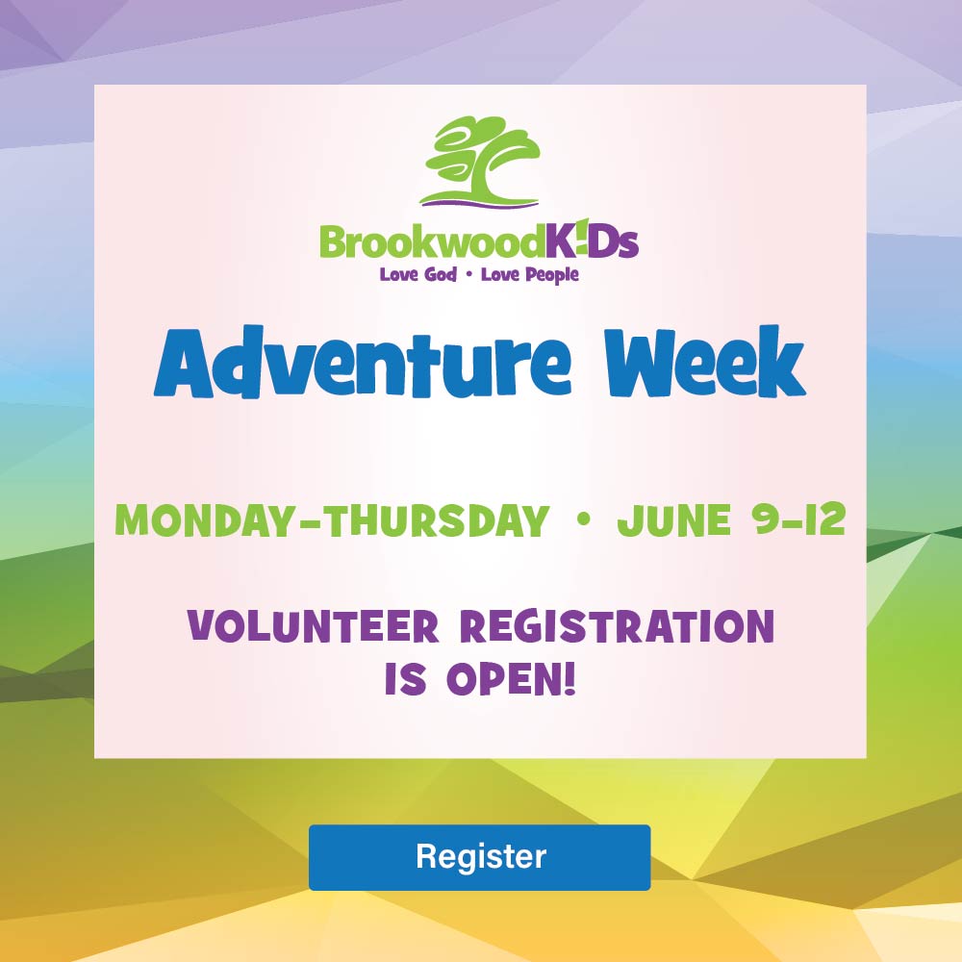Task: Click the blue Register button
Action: pyautogui.click(x=479, y=857)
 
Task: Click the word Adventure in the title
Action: pyautogui.click(x=363, y=363)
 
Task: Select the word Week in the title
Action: pyautogui.click(x=704, y=362)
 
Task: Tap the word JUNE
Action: pyautogui.click(x=673, y=519)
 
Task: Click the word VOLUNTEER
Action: pyautogui.click(x=314, y=626)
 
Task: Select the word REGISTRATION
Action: pyautogui.click(x=618, y=626)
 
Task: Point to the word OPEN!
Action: pyautogui.click(x=512, y=678)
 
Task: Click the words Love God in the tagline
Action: pyautogui.click(x=418, y=274)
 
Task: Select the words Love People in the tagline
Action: pyautogui.click(x=530, y=274)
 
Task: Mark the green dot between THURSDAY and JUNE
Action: pyautogui.click(x=584, y=519)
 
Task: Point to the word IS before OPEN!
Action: pyautogui.click(x=406, y=678)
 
